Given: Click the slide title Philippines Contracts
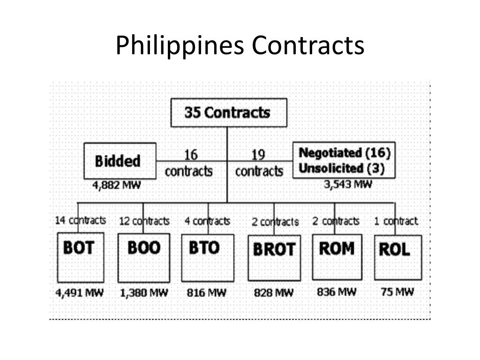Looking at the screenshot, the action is [x=240, y=46].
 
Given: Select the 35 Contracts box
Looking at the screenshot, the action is [x=228, y=112].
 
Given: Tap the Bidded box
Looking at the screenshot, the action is [x=120, y=161].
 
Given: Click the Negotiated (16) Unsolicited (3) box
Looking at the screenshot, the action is [x=344, y=160].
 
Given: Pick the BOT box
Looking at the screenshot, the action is [x=80, y=257].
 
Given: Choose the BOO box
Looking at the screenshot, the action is [x=143, y=257].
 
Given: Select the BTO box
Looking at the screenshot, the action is [x=207, y=257].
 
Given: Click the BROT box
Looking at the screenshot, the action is [x=274, y=257].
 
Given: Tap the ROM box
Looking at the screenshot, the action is [x=337, y=257].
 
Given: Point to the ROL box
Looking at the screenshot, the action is [x=397, y=257].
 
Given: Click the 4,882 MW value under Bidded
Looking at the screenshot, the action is [x=117, y=185].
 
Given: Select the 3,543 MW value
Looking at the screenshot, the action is [x=348, y=184].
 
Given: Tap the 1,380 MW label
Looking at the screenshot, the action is [x=143, y=293].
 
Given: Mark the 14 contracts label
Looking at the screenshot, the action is [x=80, y=220].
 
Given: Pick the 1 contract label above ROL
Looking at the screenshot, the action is [x=396, y=221].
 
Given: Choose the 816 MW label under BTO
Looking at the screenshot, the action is [x=206, y=293].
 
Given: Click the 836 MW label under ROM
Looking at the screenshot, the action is [x=337, y=292].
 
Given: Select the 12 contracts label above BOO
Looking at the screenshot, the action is [x=144, y=221].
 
